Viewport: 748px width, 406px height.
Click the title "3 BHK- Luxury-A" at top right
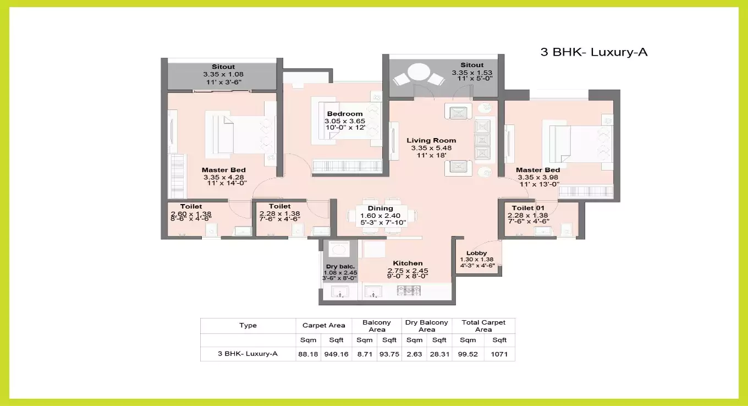(594, 52)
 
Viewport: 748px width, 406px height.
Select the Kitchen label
(408, 264)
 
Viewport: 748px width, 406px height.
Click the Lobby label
(476, 253)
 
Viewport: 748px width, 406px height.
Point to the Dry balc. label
(339, 266)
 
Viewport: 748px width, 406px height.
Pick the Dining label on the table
(380, 209)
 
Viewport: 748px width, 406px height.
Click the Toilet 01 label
(528, 208)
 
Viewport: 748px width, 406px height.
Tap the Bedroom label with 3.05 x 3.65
(345, 114)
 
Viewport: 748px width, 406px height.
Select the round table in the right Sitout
(421, 73)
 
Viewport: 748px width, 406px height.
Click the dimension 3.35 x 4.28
(223, 177)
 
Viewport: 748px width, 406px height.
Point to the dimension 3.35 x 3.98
(537, 177)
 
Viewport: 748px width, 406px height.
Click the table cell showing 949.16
(336, 354)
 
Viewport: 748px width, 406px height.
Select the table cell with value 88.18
(308, 354)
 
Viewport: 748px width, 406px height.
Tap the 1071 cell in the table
(499, 354)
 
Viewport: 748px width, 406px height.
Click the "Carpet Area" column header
(324, 325)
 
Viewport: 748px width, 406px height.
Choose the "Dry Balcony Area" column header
(427, 326)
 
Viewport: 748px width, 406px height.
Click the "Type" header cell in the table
(248, 325)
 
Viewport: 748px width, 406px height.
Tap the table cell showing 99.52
(468, 354)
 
